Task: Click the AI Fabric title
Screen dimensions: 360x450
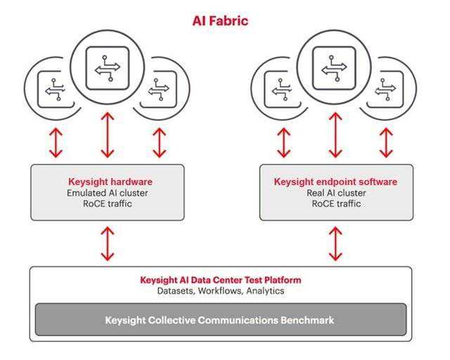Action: pos(220,21)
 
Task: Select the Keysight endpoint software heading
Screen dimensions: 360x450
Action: pos(336,180)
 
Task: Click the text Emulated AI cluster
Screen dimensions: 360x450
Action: pos(107,192)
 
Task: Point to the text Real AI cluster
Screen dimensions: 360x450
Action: pos(336,192)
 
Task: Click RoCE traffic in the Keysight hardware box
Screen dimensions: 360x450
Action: pos(107,204)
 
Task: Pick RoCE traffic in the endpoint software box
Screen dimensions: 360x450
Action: pos(336,204)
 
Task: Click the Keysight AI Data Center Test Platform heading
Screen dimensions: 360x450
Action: pos(220,279)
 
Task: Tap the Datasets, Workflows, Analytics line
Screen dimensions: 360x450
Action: pos(220,290)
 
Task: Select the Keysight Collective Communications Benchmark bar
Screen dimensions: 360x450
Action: pos(220,320)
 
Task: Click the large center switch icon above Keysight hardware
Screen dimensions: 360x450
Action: pos(107,67)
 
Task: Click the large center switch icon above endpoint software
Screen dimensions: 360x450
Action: pos(335,67)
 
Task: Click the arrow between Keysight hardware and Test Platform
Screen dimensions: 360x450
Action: pos(107,243)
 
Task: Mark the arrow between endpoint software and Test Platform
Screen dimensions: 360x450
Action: pos(336,243)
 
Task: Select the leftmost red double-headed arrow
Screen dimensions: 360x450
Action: pos(56,143)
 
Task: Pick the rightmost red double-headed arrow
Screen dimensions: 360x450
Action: pos(385,143)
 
